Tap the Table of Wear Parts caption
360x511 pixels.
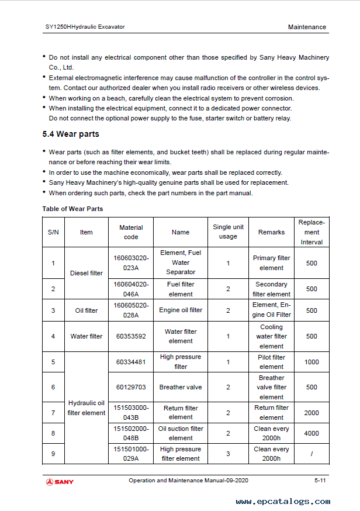tap(72, 209)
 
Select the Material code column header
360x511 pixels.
tap(131, 232)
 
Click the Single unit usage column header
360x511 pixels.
tap(228, 232)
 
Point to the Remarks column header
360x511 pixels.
tap(271, 232)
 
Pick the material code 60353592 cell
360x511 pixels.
tap(131, 336)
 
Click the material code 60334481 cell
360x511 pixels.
tap(131, 362)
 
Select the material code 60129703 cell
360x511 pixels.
tap(131, 387)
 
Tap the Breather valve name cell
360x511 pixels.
tap(181, 387)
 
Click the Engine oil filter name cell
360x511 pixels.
tap(181, 310)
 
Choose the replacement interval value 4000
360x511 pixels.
tap(311, 433)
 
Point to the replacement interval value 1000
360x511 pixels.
tap(311, 362)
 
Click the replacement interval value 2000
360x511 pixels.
tap(311, 413)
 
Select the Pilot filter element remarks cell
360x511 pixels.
tap(271, 362)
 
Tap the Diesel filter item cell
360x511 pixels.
tap(86, 273)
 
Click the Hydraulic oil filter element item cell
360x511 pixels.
tap(86, 408)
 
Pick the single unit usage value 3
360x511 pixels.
tap(228, 454)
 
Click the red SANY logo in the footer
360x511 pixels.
tap(60, 482)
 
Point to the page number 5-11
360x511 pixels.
tap(320, 481)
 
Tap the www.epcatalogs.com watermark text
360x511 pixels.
tap(283, 502)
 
